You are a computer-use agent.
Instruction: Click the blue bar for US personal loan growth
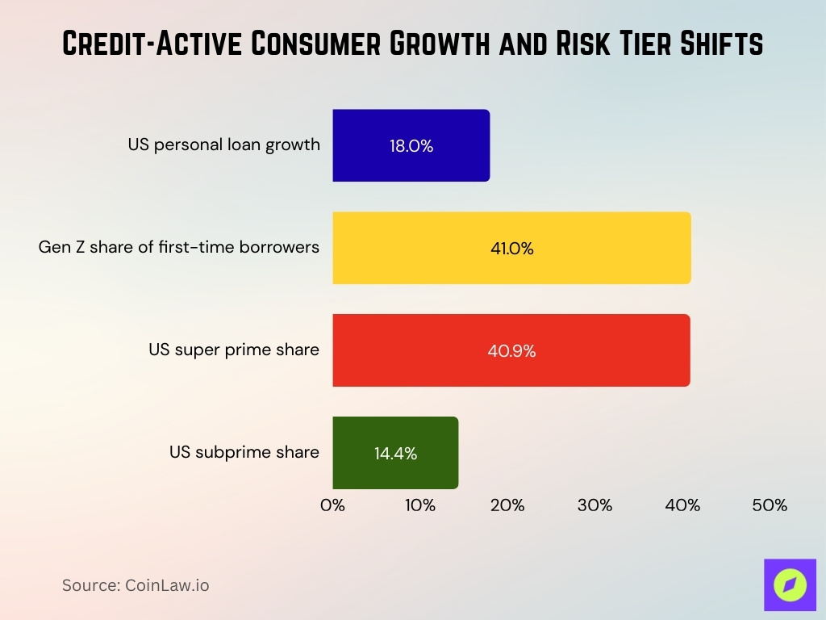click(x=411, y=145)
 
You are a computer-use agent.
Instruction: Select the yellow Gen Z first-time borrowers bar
click(x=511, y=248)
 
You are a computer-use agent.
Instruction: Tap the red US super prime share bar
click(x=511, y=350)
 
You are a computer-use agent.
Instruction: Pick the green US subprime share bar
click(x=395, y=453)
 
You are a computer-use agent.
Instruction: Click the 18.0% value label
click(x=411, y=146)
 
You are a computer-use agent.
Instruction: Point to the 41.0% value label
click(x=511, y=249)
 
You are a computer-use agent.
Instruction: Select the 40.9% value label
click(x=511, y=351)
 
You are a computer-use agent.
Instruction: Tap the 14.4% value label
click(x=395, y=454)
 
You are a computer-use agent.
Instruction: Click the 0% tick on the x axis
click(x=332, y=506)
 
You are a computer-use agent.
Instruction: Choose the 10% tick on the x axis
click(x=420, y=506)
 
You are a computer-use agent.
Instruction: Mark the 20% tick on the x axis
click(x=507, y=506)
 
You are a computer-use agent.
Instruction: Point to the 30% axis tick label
click(x=594, y=506)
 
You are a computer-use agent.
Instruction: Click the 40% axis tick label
click(x=682, y=506)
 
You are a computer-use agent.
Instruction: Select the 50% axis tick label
click(x=770, y=506)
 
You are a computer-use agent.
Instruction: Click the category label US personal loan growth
click(x=223, y=145)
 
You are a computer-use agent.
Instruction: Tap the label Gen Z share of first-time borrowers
click(x=179, y=247)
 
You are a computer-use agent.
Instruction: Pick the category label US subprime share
click(x=244, y=452)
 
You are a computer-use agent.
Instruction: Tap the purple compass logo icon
click(x=790, y=584)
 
